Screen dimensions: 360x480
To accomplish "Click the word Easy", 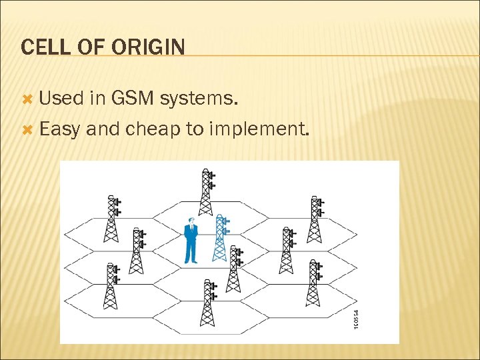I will coord(61,129).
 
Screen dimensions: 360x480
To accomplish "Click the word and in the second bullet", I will coord(102,129).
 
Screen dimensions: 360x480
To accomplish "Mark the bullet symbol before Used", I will coord(27,100).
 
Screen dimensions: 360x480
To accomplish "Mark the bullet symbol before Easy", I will coord(27,129).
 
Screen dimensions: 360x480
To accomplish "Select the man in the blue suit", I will coord(191,241).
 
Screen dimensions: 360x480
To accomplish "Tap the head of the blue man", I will coord(191,221).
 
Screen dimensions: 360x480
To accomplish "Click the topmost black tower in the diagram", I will coord(207,193).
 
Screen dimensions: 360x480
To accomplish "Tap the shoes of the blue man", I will coord(191,261).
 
